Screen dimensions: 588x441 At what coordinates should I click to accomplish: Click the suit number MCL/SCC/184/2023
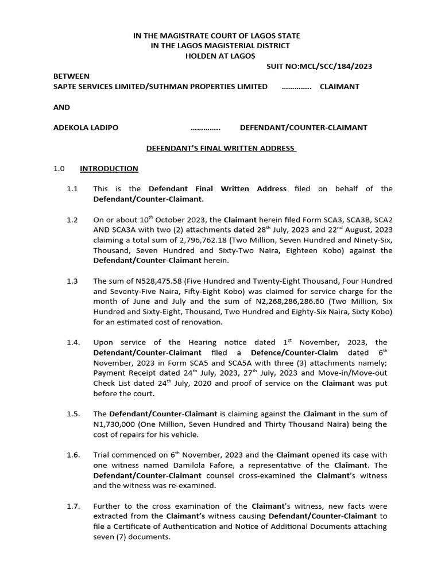coord(319,66)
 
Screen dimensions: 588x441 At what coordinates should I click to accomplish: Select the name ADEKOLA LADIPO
coord(86,127)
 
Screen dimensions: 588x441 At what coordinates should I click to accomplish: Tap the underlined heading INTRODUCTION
coord(109,168)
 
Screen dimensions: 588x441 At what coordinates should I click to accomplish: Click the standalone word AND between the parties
coord(61,107)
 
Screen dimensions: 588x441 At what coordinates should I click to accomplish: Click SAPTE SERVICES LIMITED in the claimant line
coord(99,86)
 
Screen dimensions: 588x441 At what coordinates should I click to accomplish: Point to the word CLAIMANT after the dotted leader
coord(339,86)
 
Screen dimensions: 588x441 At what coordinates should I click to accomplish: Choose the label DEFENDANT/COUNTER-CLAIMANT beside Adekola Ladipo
coord(303,127)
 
